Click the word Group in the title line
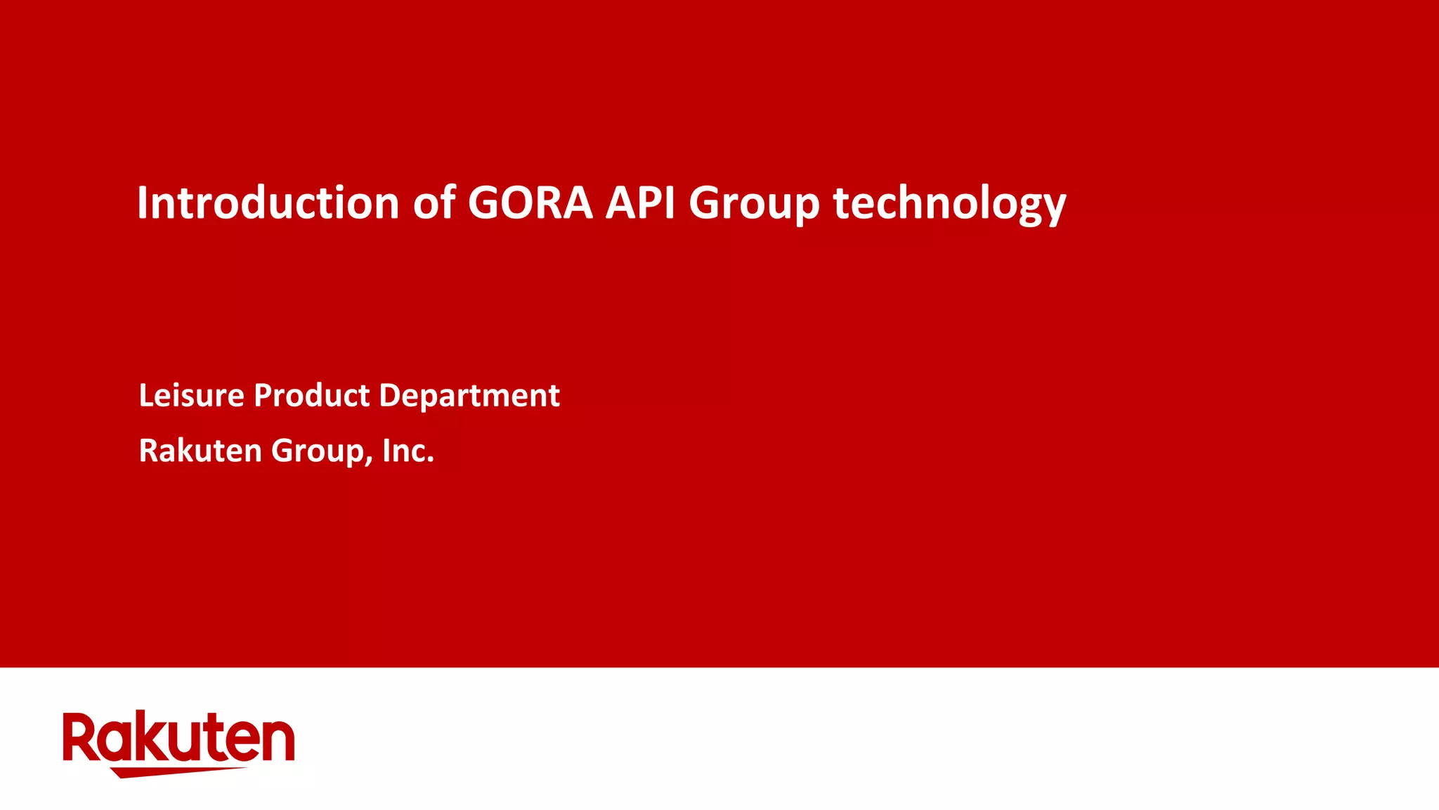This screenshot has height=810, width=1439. (x=754, y=204)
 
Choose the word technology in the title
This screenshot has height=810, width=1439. (x=949, y=204)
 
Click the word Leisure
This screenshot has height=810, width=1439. (x=192, y=395)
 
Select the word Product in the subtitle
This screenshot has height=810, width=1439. (x=312, y=395)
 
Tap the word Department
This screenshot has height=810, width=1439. (x=469, y=397)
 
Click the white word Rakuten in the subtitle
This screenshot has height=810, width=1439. (x=200, y=451)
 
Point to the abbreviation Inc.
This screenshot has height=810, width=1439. (x=408, y=451)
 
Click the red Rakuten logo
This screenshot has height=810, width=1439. (x=178, y=742)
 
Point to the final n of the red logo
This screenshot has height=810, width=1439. (x=279, y=741)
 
